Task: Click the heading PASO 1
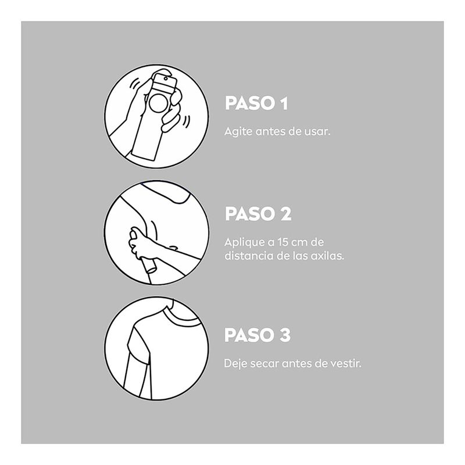[x=256, y=103]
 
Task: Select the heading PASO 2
[x=258, y=213]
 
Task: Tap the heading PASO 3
[x=257, y=335]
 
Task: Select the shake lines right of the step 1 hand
[x=187, y=121]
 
